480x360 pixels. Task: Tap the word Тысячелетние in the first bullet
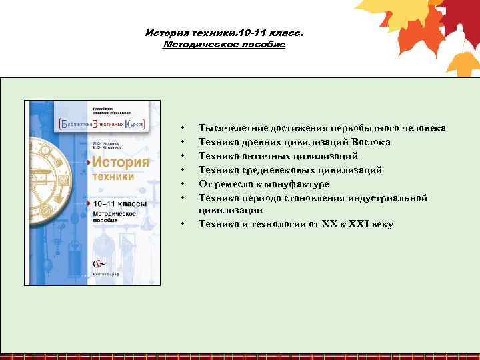[231, 128]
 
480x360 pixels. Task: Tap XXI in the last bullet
[361, 224]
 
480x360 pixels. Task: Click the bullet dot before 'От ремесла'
[181, 185]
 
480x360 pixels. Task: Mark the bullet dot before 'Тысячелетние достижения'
[181, 128]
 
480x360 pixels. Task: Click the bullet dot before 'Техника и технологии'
[181, 225]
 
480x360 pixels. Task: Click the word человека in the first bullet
[423, 128]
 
